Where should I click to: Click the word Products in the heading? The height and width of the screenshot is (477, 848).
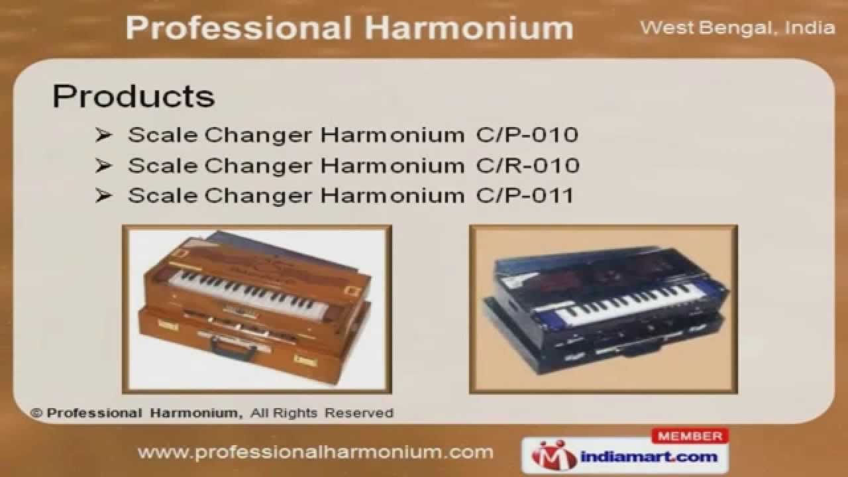(x=133, y=96)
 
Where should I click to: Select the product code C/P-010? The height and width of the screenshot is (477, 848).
(x=527, y=135)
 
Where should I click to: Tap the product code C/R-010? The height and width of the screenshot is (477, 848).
(x=527, y=165)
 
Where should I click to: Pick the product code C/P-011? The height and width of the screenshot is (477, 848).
(x=525, y=195)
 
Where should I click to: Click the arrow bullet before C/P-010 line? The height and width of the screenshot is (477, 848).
(x=103, y=135)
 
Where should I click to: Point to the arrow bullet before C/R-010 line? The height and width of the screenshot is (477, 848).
(x=103, y=165)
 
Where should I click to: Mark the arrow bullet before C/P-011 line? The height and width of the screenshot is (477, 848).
(x=103, y=195)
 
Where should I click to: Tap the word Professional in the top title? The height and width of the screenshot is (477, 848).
(x=238, y=28)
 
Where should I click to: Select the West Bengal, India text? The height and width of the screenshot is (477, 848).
(x=737, y=28)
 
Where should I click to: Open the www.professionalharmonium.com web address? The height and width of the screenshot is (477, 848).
(x=315, y=452)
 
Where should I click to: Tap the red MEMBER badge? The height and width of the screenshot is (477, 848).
(x=690, y=437)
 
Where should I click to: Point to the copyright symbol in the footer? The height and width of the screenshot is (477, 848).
(x=37, y=413)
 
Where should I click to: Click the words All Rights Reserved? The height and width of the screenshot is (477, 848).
(x=322, y=413)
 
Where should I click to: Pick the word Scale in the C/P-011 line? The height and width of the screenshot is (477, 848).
(x=163, y=195)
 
